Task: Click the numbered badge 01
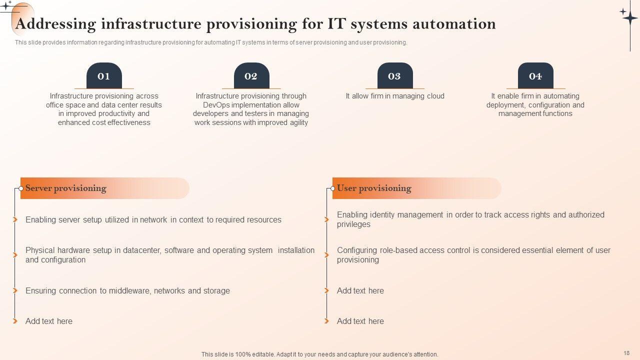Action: point(104,76)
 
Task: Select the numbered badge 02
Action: point(251,76)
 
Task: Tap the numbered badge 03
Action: point(394,76)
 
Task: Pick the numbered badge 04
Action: point(535,76)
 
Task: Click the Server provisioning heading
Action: point(66,188)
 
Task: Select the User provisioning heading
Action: point(374,188)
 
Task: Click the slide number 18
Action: point(626,352)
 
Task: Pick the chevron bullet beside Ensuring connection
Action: point(15,290)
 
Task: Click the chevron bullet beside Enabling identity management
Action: point(326,219)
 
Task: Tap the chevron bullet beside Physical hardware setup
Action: point(15,255)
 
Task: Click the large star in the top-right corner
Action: point(629,16)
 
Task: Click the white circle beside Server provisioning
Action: point(21,188)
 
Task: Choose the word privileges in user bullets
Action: point(353,224)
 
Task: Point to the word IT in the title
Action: point(335,23)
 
